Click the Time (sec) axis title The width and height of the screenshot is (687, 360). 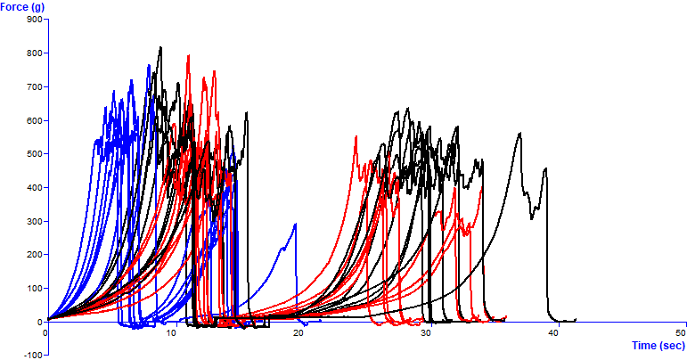click(658, 345)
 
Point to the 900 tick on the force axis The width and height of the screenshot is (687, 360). click(35, 20)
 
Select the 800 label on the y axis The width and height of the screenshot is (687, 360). click(35, 53)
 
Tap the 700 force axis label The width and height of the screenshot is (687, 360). click(35, 87)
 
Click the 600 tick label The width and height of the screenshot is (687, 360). click(35, 120)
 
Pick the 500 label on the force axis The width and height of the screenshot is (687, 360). click(35, 154)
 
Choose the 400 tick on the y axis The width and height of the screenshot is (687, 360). click(35, 188)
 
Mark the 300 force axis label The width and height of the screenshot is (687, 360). click(35, 221)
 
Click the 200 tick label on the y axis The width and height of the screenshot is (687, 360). click(35, 255)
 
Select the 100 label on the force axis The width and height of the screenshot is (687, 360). click(35, 289)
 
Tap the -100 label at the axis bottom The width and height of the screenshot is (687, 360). click(33, 355)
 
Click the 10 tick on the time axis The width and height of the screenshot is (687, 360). click(172, 332)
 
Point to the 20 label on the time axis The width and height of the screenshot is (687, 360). click(299, 332)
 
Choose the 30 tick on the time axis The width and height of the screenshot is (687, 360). click(426, 332)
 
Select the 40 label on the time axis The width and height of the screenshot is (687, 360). click(552, 332)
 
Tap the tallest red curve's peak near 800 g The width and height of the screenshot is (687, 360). click(188, 56)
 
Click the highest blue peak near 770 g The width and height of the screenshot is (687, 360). click(149, 64)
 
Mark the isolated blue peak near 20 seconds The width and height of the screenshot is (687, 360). click(296, 224)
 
